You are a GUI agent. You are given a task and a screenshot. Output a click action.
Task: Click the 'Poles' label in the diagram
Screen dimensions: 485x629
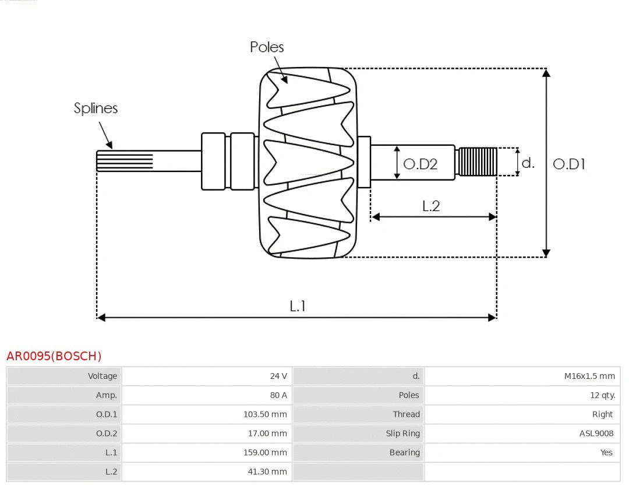[x=267, y=47]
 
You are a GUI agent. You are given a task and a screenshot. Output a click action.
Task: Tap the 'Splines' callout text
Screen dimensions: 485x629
[x=96, y=108]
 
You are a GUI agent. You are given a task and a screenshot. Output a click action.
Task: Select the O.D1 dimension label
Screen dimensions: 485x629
[x=568, y=164]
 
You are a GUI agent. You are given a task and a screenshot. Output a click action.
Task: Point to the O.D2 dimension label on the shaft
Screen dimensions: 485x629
[x=420, y=164]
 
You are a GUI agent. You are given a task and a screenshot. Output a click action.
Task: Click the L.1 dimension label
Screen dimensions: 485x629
[x=298, y=306]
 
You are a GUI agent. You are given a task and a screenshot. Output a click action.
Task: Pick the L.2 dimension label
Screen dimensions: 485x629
[x=431, y=206]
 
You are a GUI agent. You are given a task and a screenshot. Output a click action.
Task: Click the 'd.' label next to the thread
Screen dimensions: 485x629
[x=528, y=163]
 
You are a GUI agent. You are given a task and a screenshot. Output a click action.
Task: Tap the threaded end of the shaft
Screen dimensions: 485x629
[x=478, y=161]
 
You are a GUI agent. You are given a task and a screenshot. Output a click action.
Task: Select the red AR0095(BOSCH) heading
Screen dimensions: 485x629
[x=54, y=356]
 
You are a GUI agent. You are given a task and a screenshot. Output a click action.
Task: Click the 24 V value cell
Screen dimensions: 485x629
[x=278, y=376]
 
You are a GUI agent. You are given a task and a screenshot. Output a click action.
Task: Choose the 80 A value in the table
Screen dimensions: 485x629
[x=278, y=395]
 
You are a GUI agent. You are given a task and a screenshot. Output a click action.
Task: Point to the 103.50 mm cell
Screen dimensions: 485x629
[x=265, y=414]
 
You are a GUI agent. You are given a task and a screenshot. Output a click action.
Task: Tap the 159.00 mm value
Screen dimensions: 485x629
[x=265, y=452]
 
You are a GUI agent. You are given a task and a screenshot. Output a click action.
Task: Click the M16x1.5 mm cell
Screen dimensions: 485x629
[x=589, y=376]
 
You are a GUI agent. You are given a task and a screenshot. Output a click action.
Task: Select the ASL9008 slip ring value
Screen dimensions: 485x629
[x=596, y=433]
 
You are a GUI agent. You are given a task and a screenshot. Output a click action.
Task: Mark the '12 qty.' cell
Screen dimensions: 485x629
[x=602, y=395]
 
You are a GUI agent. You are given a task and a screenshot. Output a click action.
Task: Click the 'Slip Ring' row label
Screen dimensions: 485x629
[x=402, y=433]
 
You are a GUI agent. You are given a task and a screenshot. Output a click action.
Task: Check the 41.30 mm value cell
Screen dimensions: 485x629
[x=267, y=472]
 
